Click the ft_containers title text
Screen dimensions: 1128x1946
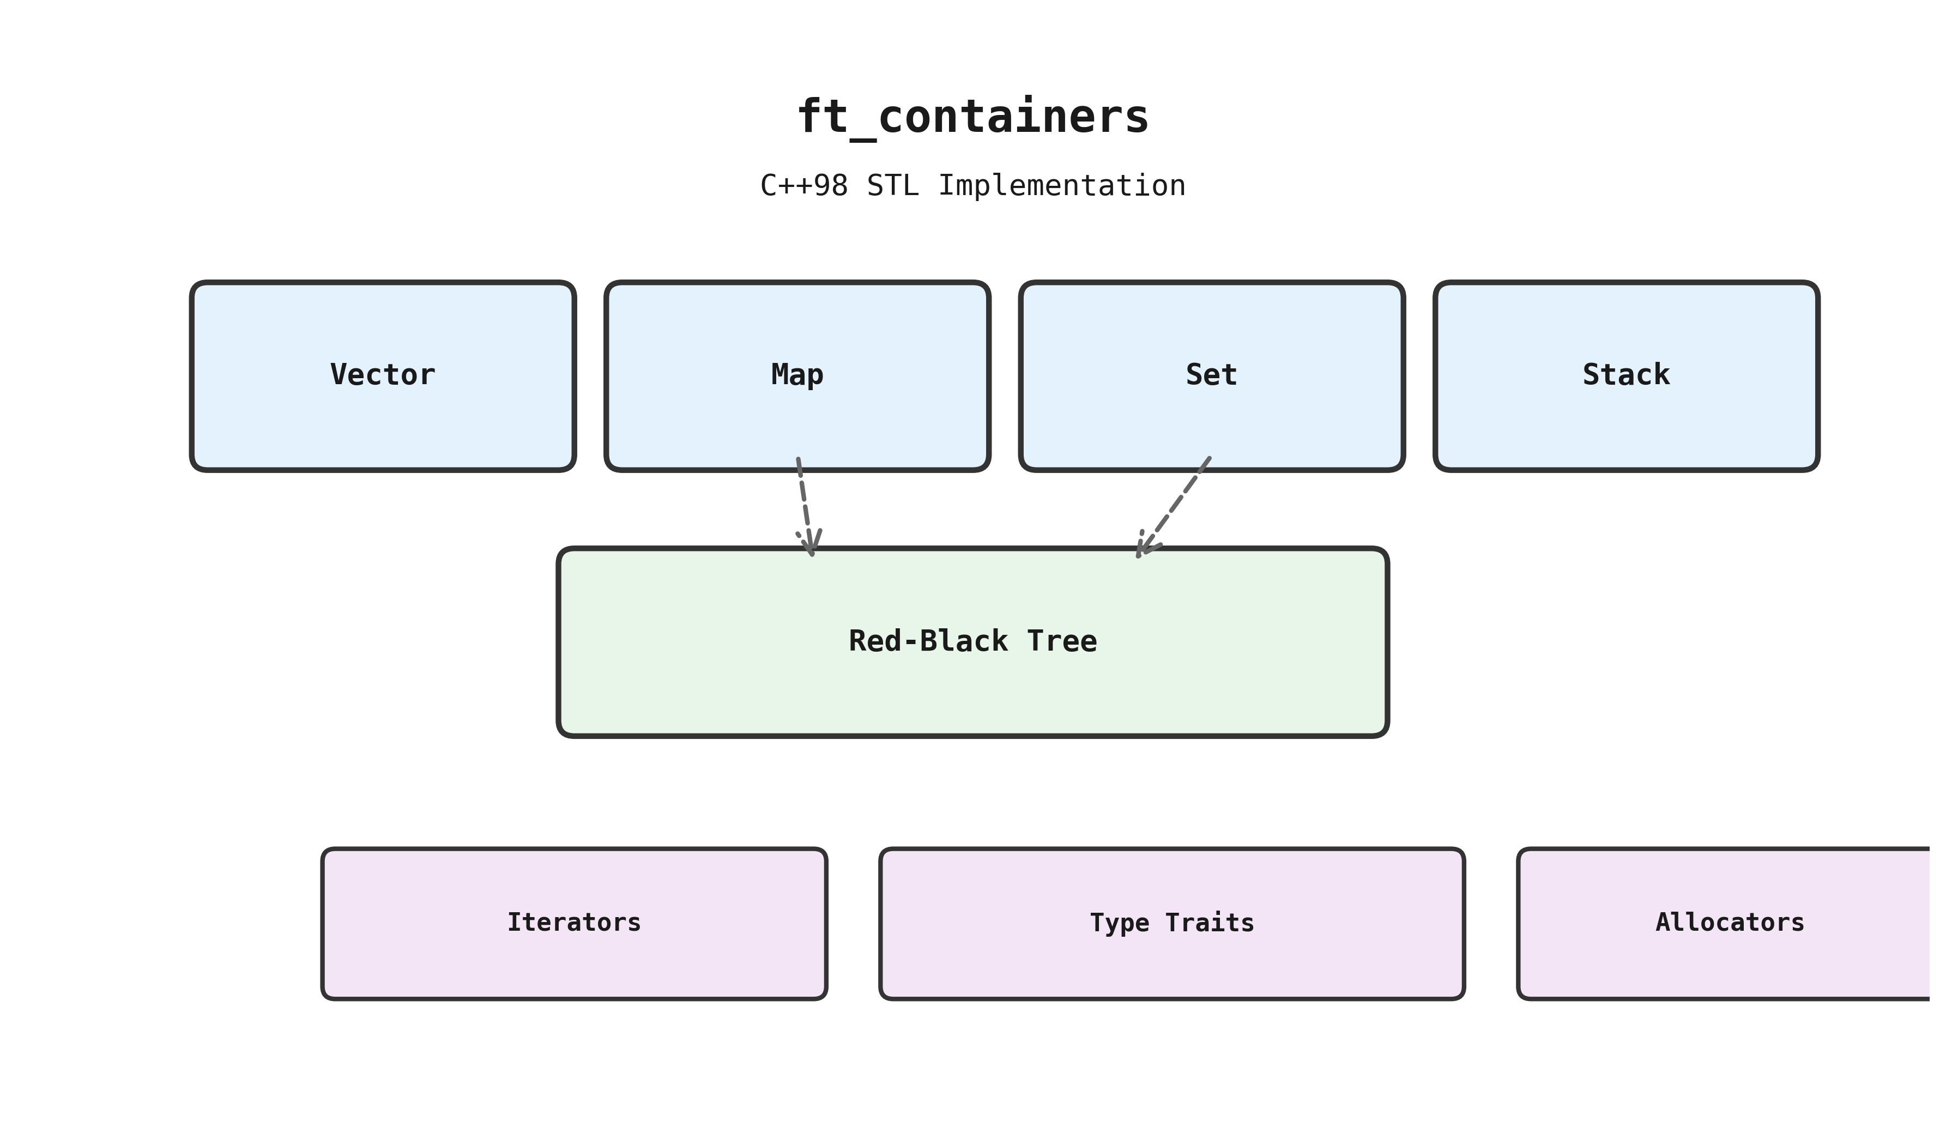point(972,117)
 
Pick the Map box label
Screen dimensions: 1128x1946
point(797,375)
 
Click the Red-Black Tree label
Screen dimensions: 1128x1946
point(972,641)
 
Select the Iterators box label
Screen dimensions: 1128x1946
point(574,923)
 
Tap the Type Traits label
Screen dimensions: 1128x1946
point(1171,923)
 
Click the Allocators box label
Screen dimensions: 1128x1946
point(1730,923)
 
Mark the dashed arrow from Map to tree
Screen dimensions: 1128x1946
point(804,502)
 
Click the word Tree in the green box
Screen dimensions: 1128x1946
point(1062,641)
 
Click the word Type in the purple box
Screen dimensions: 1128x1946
point(1119,923)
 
